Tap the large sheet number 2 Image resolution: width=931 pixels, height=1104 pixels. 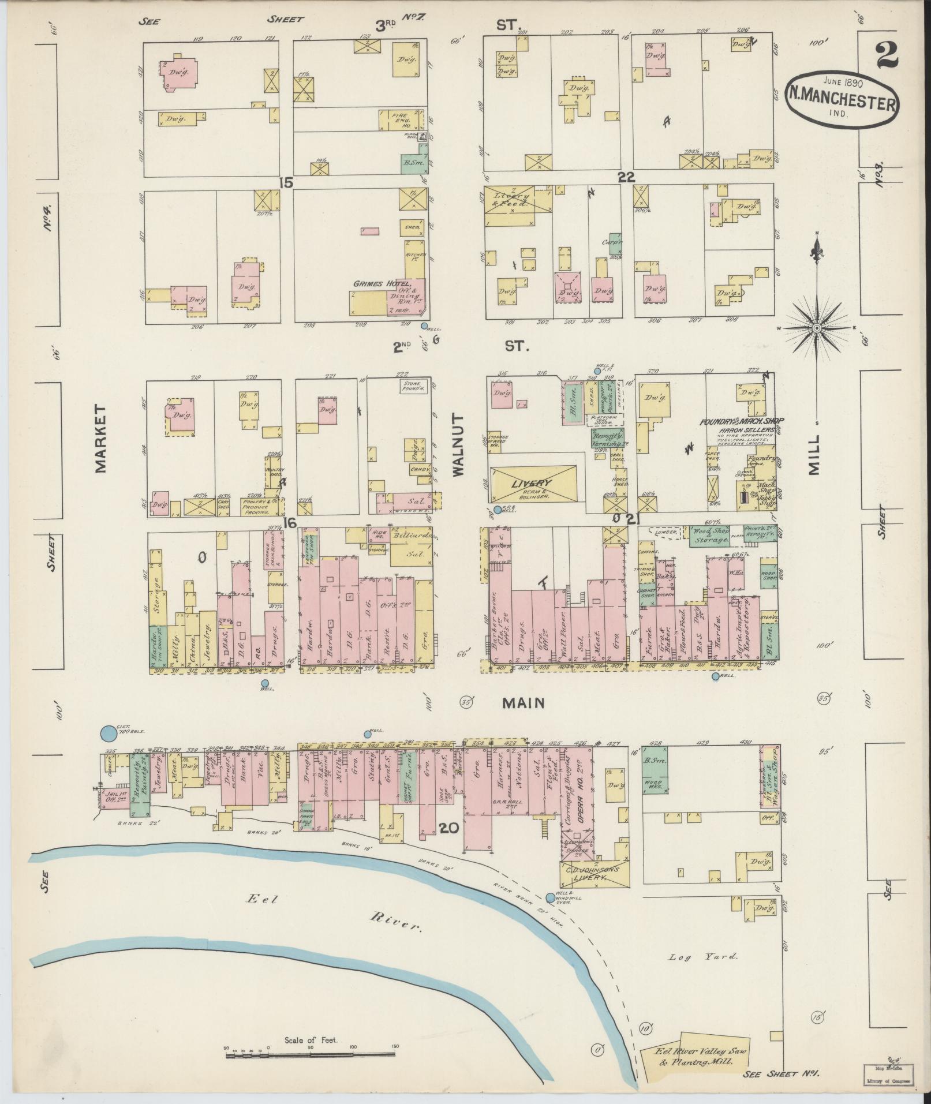pyautogui.click(x=889, y=56)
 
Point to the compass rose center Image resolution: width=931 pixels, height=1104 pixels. pyautogui.click(x=817, y=328)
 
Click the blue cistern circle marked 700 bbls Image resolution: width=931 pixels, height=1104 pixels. pyautogui.click(x=107, y=733)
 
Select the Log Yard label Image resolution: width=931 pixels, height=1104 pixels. pyautogui.click(x=703, y=956)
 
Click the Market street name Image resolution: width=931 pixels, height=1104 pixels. pyautogui.click(x=102, y=438)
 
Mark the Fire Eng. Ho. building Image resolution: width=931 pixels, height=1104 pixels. pyautogui.click(x=401, y=119)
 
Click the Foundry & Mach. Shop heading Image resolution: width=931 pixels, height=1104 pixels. pyautogui.click(x=742, y=421)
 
